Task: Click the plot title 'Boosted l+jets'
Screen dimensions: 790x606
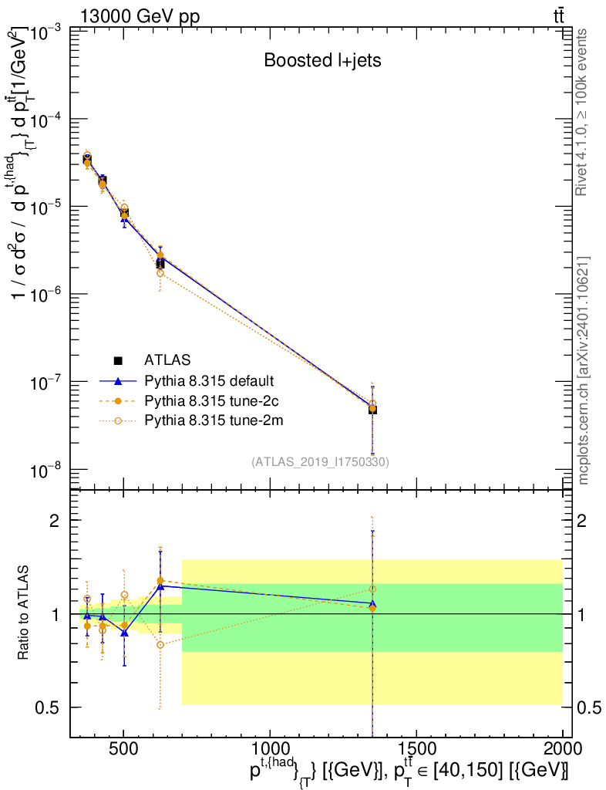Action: click(322, 60)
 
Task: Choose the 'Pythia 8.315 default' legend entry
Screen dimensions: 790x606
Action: click(209, 380)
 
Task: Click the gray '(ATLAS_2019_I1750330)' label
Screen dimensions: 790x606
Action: click(320, 461)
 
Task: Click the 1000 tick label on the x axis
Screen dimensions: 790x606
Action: click(270, 748)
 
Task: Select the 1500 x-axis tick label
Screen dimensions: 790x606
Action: click(416, 748)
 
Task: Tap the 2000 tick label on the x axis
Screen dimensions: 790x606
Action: click(563, 748)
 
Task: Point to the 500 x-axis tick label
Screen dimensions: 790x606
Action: click(123, 748)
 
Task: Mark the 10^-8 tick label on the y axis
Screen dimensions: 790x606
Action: click(45, 470)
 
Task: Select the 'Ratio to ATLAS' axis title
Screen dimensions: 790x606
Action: click(24, 614)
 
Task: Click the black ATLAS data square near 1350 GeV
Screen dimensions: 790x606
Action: click(372, 410)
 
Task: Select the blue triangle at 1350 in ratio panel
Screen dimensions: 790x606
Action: click(372, 603)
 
